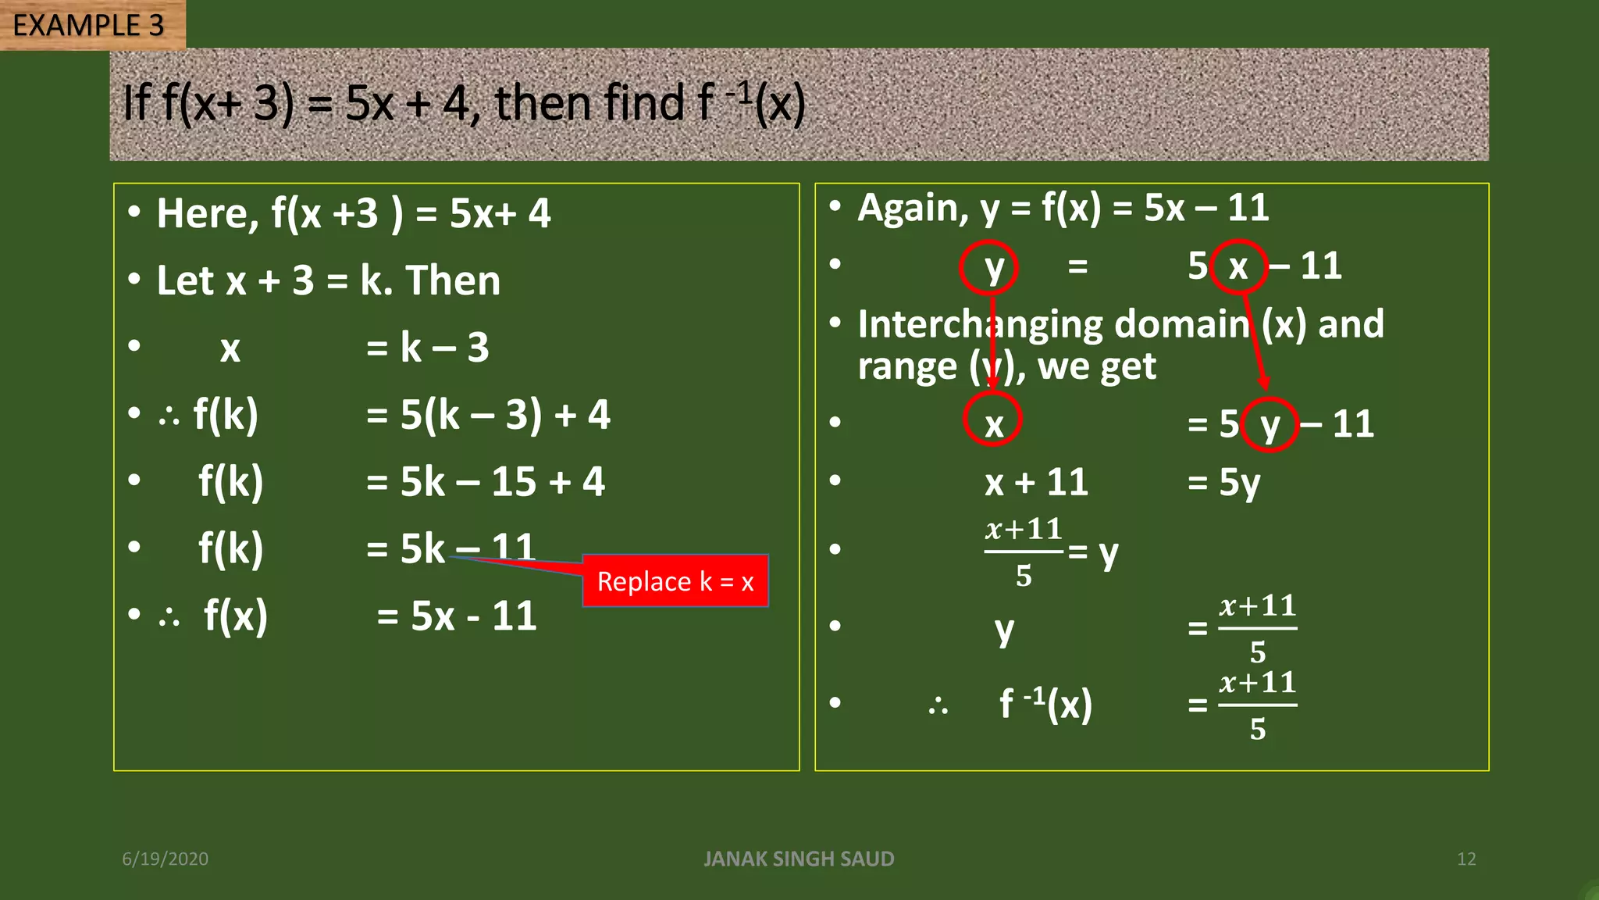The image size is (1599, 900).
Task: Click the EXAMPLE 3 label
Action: pos(88,25)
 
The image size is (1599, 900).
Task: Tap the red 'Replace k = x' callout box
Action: pos(675,581)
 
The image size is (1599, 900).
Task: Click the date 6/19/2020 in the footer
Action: pos(165,859)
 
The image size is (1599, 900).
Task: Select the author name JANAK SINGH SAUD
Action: pos(799,859)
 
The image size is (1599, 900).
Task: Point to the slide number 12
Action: pos(1465,859)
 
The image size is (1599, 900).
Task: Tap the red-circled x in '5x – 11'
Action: pos(1238,267)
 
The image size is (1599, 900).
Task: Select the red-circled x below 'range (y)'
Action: pos(992,422)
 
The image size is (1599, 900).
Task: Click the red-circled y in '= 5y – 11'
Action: pos(1270,424)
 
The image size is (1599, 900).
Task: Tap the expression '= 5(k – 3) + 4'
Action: pos(488,414)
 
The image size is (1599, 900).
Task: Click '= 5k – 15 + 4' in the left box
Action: pos(485,481)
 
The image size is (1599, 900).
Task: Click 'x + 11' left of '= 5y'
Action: pos(1036,482)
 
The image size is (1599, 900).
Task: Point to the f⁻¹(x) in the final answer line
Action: pos(1045,704)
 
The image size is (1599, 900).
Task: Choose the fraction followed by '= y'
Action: pos(1024,552)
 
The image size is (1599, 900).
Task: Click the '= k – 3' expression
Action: pos(427,347)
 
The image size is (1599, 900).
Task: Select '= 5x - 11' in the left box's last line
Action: pos(457,616)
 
